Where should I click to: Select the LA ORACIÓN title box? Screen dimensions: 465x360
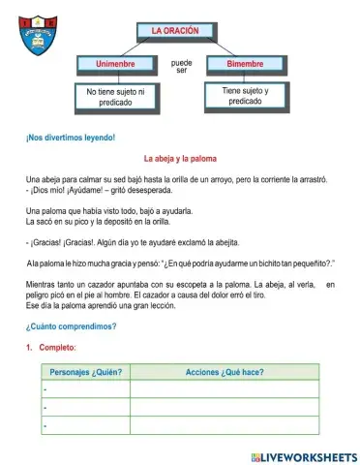175,31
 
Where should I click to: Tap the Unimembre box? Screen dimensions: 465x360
116,64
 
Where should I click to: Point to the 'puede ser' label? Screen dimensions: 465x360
181,67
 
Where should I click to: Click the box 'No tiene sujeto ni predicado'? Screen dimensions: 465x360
116,96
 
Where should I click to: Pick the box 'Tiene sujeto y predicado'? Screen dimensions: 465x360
245,95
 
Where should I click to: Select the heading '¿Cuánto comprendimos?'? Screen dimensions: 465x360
73,326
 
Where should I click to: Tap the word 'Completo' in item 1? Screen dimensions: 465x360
61,347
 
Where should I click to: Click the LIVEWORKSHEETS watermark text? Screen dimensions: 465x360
303,454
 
